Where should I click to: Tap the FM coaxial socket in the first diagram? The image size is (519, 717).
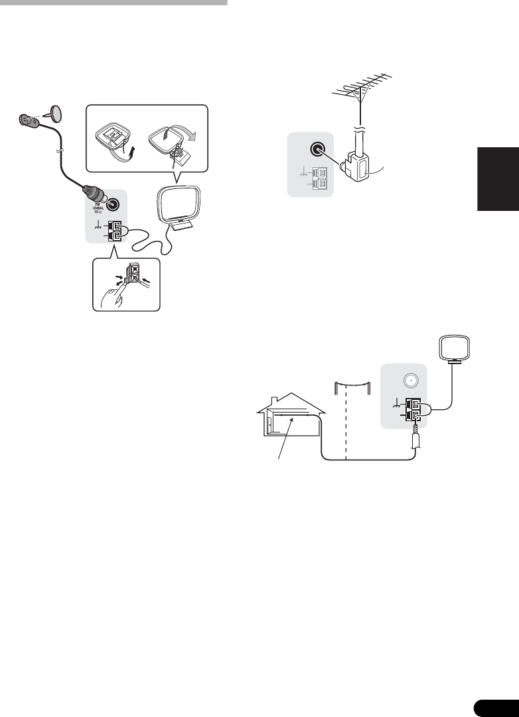tap(115, 206)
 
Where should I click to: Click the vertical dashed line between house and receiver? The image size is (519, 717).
tap(346, 425)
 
